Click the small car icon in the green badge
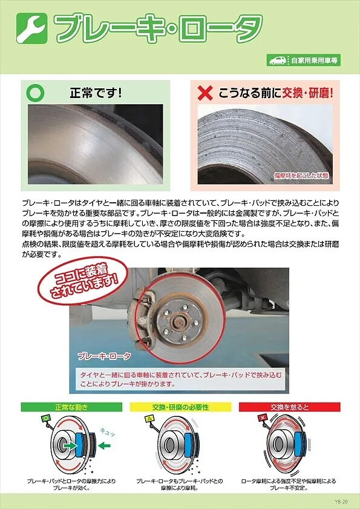278,61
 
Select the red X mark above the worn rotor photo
206,93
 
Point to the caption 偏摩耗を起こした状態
301,176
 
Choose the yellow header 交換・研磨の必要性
180,407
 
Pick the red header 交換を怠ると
289,407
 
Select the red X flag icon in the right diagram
262,418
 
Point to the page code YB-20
342,501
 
